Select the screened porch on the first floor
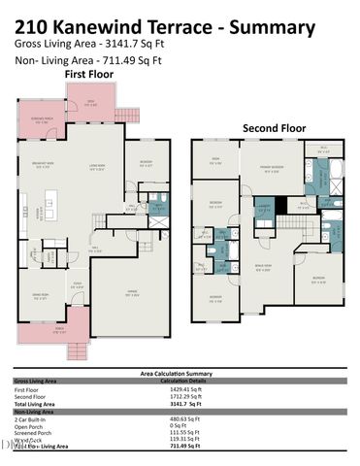click(42, 119)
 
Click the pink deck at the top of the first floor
click(90, 101)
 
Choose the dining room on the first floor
click(42, 296)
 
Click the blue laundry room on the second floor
click(262, 206)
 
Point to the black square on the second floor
click(281, 205)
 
